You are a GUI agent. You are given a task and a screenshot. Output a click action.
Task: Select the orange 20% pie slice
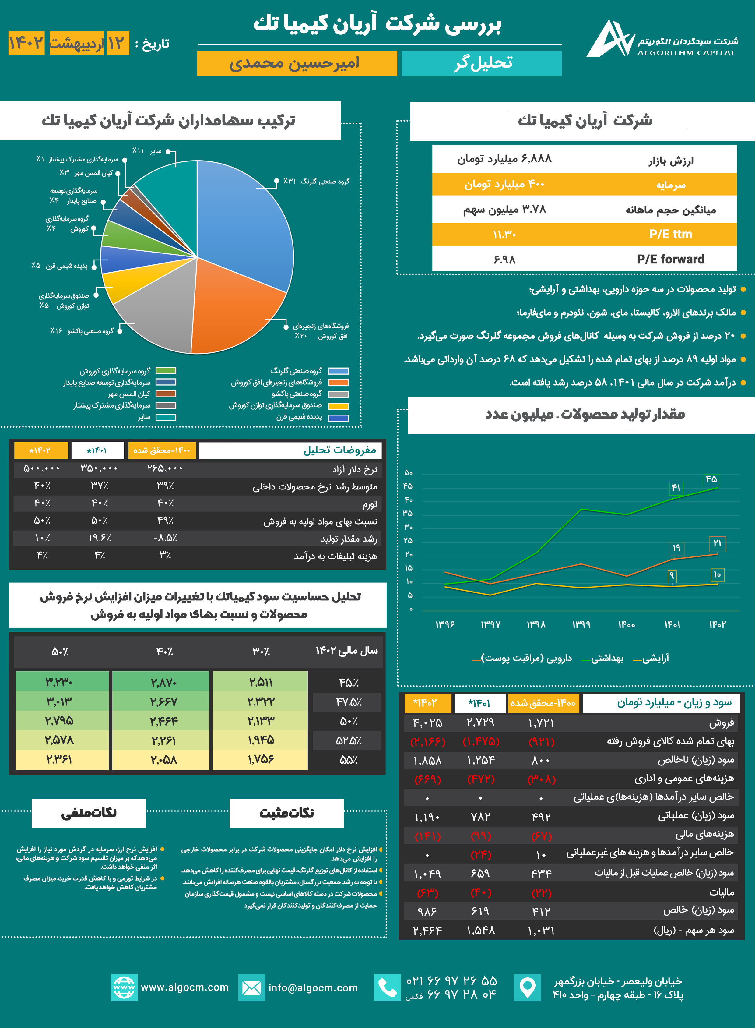click(x=233, y=306)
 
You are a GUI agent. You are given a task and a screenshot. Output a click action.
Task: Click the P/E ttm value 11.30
click(x=504, y=235)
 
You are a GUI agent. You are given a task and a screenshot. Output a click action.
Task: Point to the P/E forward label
click(x=670, y=259)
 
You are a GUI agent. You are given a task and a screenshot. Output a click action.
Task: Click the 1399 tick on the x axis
click(x=581, y=625)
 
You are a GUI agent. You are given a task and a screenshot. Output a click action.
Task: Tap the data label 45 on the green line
click(x=711, y=479)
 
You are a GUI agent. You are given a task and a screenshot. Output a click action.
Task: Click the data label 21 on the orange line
click(x=717, y=543)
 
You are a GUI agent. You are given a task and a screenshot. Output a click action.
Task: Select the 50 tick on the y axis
click(x=408, y=473)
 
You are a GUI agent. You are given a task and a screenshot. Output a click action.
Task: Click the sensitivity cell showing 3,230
click(x=59, y=682)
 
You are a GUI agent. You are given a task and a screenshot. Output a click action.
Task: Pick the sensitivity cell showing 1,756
click(x=261, y=760)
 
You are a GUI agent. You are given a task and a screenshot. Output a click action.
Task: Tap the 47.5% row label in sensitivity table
click(x=349, y=702)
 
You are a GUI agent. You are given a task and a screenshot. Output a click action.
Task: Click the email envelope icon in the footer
click(x=251, y=988)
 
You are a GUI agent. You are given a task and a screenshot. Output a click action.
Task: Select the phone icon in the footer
click(x=387, y=988)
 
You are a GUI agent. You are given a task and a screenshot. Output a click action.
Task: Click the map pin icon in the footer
click(x=527, y=988)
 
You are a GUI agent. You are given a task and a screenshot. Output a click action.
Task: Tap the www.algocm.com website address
click(x=184, y=987)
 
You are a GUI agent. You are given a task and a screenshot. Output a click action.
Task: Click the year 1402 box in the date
click(x=26, y=44)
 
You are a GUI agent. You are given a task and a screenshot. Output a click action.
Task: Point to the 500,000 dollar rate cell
click(x=42, y=468)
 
